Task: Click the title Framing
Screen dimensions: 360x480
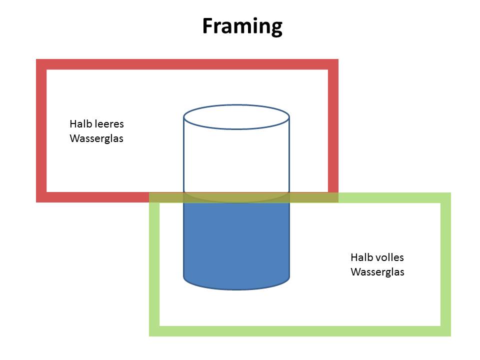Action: (x=242, y=25)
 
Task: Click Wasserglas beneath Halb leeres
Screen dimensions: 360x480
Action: (x=96, y=138)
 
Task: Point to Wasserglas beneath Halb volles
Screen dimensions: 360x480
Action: (x=377, y=272)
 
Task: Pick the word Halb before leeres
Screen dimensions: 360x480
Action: (x=80, y=123)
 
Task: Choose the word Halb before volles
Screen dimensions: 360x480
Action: (x=360, y=257)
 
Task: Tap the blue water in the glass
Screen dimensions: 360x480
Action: (x=236, y=240)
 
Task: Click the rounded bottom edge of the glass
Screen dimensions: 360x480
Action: (x=236, y=288)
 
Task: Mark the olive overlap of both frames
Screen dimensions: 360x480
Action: (x=170, y=197)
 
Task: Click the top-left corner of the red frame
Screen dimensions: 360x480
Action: (x=41, y=64)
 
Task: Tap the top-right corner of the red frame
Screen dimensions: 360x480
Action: (x=333, y=64)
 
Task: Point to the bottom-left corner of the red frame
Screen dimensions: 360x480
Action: (x=41, y=197)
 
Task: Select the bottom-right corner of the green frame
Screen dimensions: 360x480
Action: (x=445, y=331)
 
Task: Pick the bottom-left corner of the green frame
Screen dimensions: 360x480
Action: (x=154, y=331)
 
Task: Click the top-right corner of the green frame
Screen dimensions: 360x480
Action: (x=445, y=198)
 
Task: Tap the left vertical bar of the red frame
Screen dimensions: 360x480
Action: (x=41, y=130)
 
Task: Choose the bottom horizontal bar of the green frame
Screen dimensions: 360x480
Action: (x=300, y=331)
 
